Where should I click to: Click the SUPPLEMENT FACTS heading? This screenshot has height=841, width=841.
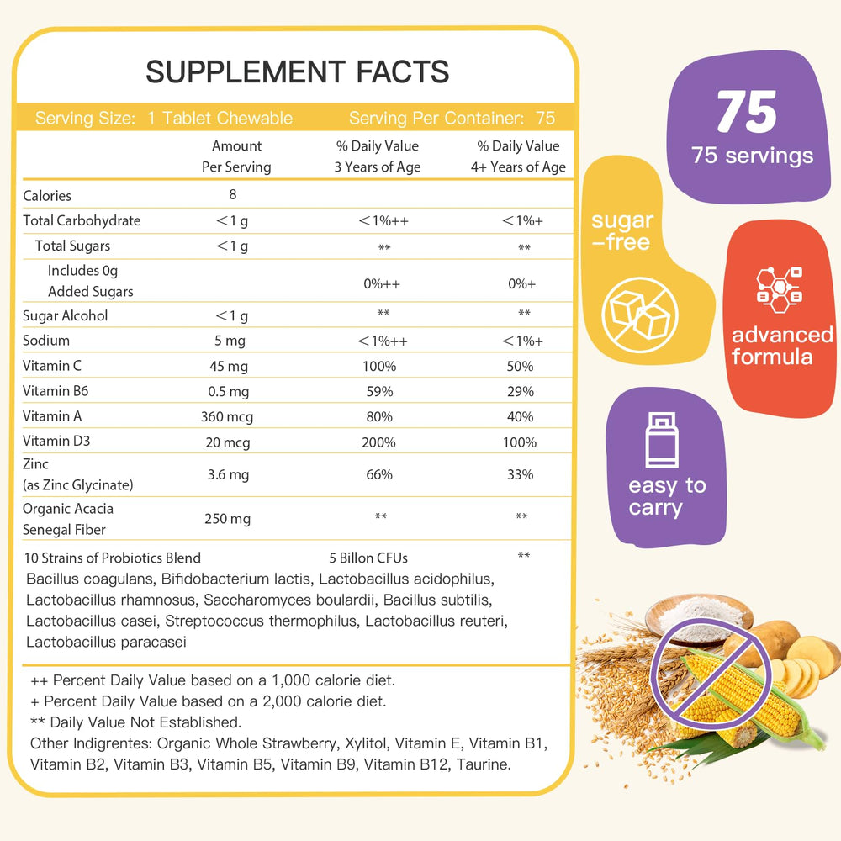[x=297, y=71]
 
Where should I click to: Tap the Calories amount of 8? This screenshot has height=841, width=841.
[x=233, y=194]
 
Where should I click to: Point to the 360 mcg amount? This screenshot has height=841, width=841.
[x=227, y=416]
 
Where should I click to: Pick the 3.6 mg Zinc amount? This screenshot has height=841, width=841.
[x=228, y=474]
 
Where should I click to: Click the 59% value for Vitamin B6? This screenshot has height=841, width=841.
[x=379, y=391]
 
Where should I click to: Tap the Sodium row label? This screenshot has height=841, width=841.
[x=46, y=341]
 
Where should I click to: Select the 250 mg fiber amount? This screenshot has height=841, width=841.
[x=227, y=519]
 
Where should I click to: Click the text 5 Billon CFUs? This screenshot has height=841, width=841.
[x=368, y=558]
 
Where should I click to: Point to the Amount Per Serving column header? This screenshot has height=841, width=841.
[x=236, y=156]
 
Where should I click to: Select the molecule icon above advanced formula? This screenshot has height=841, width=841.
[x=779, y=288]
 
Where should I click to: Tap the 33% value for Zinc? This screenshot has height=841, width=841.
[x=521, y=474]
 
